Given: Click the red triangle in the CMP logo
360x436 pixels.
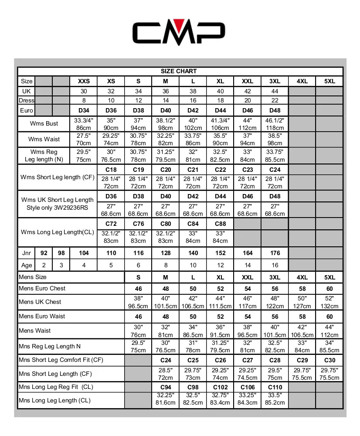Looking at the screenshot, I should (x=179, y=25).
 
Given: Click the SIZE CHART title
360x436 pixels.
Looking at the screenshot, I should (x=179, y=71).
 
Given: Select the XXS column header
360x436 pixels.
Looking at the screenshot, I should (x=84, y=81).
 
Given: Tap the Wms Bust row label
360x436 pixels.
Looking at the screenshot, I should (x=44, y=123).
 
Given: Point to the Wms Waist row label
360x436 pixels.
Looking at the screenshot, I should (x=44, y=139).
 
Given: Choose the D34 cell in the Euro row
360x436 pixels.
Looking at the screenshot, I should (x=84, y=110).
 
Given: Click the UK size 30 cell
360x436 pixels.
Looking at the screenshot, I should (x=84, y=91).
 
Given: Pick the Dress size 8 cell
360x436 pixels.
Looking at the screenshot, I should (x=84, y=100).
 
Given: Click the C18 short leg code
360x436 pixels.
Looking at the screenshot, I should (x=111, y=170).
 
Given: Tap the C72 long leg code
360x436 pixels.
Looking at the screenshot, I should (x=111, y=224).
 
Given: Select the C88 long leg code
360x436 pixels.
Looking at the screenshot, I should (x=220, y=224).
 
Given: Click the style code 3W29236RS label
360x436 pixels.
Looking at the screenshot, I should (x=57, y=208).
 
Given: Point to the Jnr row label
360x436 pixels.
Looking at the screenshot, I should (x=26, y=253).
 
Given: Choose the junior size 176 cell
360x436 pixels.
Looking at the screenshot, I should (x=275, y=253).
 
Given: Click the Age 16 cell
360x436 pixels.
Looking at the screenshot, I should (x=275, y=265).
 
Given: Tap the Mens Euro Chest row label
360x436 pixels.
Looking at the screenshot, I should (x=42, y=288).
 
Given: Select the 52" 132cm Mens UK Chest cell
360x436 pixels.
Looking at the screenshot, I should (x=329, y=302).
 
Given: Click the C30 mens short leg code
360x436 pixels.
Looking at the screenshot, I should (x=329, y=360).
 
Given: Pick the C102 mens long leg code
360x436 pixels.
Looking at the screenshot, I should (x=220, y=387).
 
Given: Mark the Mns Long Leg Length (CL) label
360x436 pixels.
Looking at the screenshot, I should (x=54, y=400).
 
